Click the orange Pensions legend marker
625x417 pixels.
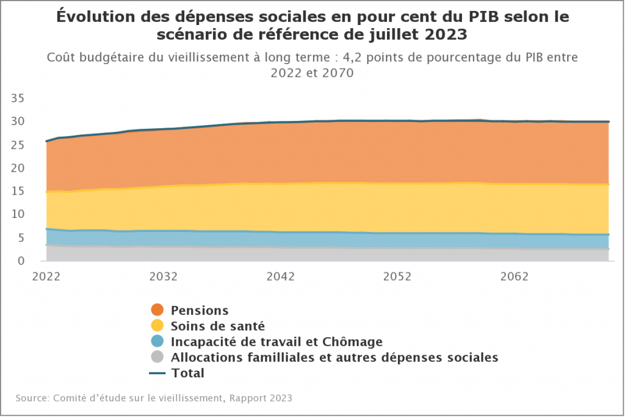(x=157, y=310)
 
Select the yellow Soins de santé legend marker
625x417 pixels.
(x=157, y=325)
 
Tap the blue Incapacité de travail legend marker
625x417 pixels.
(x=157, y=341)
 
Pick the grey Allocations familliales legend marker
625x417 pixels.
(x=157, y=357)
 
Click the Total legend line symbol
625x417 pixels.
(x=157, y=372)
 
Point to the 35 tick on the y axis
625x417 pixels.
(x=17, y=98)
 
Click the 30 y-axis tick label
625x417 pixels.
(x=17, y=121)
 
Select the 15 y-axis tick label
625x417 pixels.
(x=17, y=191)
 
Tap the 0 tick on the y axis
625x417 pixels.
(x=20, y=261)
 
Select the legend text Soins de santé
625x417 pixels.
(x=218, y=326)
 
